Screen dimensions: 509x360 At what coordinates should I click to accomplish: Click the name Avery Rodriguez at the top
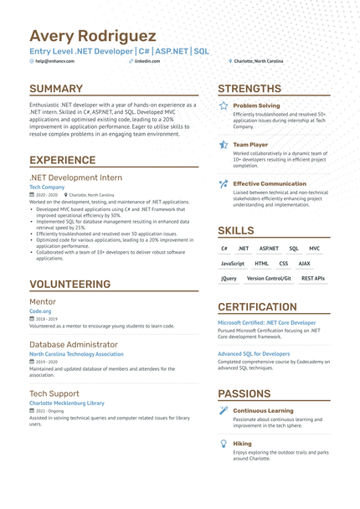pyautogui.click(x=92, y=36)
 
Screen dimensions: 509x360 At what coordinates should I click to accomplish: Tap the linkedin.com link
pyautogui.click(x=147, y=61)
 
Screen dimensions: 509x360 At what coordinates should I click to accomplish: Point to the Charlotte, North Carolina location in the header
pyautogui.click(x=258, y=61)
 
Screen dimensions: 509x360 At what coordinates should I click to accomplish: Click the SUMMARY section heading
pyautogui.click(x=56, y=89)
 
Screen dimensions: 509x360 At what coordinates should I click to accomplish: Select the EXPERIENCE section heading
pyautogui.click(x=63, y=160)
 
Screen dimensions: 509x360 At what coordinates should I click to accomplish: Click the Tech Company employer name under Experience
pyautogui.click(x=47, y=187)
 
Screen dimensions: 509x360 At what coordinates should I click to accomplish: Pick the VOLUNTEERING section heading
pyautogui.click(x=70, y=284)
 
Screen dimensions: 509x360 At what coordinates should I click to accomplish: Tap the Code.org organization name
pyautogui.click(x=40, y=311)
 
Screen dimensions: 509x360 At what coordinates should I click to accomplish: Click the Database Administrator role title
pyautogui.click(x=73, y=344)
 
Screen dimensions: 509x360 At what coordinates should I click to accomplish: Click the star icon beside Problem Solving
pyautogui.click(x=224, y=106)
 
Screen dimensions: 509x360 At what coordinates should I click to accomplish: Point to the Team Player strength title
pyautogui.click(x=250, y=144)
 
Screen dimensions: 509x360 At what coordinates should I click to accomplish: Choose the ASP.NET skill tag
pyautogui.click(x=269, y=249)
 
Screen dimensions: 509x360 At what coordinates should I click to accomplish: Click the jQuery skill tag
pyautogui.click(x=229, y=278)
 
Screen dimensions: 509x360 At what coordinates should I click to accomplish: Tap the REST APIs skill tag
pyautogui.click(x=312, y=278)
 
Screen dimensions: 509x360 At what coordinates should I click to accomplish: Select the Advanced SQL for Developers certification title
pyautogui.click(x=254, y=353)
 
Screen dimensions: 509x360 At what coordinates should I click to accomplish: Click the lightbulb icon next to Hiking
pyautogui.click(x=224, y=443)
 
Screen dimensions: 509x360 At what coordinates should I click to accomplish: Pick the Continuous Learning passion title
pyautogui.click(x=263, y=411)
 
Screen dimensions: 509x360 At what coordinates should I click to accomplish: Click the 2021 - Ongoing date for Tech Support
pyautogui.click(x=50, y=412)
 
